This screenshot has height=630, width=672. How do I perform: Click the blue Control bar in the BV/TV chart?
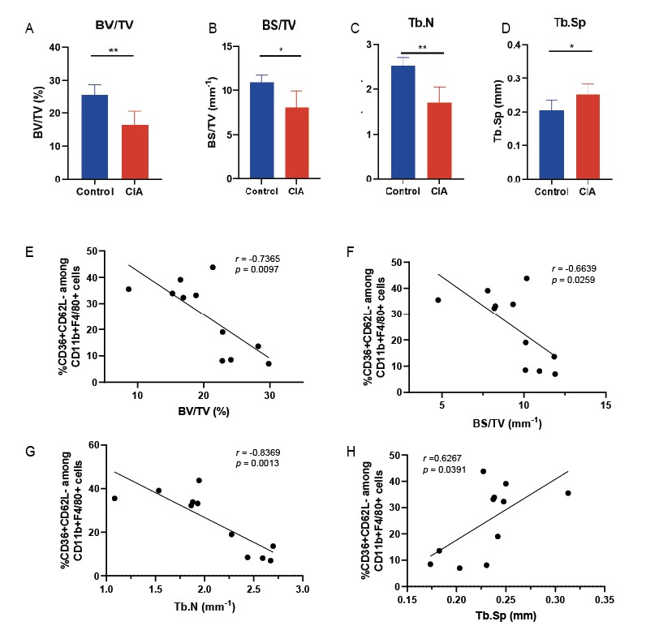click(x=94, y=136)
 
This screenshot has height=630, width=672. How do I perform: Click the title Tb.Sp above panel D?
click(x=572, y=27)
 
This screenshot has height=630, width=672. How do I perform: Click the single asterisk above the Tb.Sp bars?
click(x=572, y=46)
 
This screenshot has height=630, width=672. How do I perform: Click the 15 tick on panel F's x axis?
click(x=606, y=405)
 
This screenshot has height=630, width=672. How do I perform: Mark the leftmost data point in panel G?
click(x=114, y=499)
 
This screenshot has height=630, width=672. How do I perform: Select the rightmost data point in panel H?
click(x=568, y=493)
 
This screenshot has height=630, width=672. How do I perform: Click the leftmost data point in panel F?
click(x=439, y=300)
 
